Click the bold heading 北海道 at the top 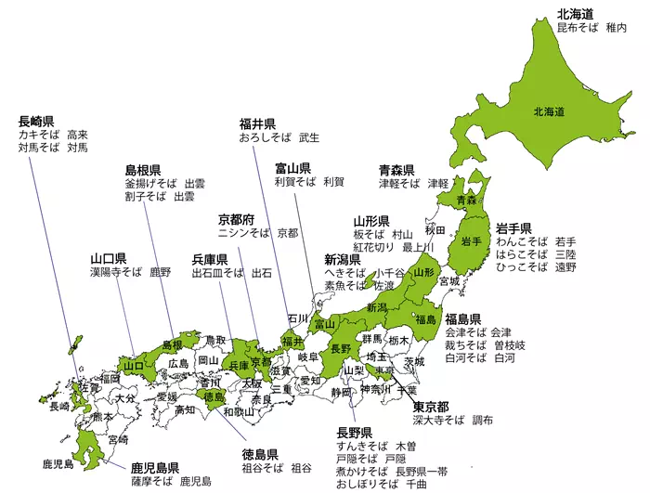[575, 15]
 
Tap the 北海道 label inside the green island [549, 111]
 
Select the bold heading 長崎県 [35, 121]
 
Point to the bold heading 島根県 [144, 170]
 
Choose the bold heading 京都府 [236, 219]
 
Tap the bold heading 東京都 [431, 408]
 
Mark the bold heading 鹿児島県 [154, 467]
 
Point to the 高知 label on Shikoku [184, 409]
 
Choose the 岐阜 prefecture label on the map [307, 357]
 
